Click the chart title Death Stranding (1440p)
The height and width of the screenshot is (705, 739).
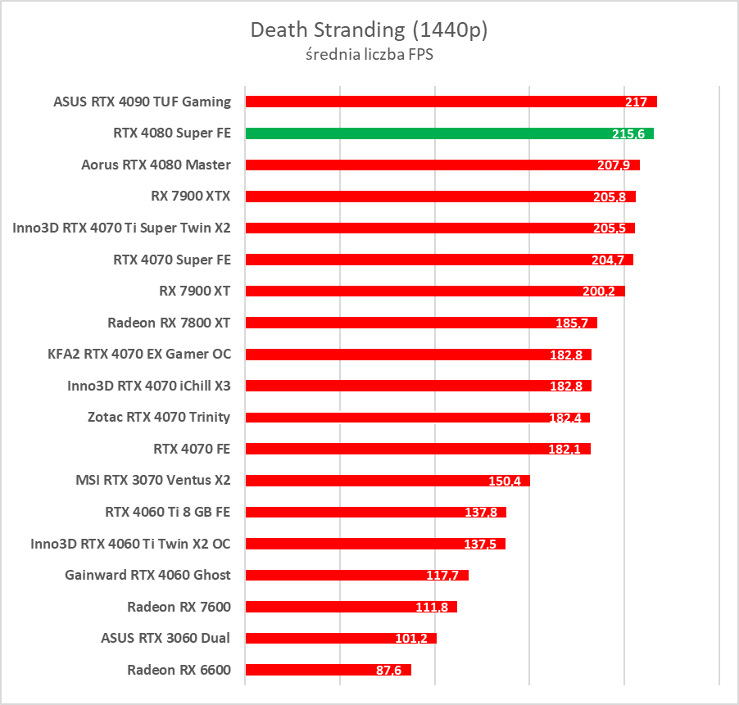pyautogui.click(x=369, y=30)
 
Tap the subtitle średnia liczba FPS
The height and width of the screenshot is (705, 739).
pyautogui.click(x=369, y=56)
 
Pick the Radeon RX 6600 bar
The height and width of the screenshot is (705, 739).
pyautogui.click(x=328, y=670)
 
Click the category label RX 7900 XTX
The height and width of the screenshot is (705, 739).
pyautogui.click(x=191, y=197)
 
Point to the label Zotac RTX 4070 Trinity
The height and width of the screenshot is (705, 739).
pyautogui.click(x=159, y=417)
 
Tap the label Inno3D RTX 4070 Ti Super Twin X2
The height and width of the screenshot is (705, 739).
pyautogui.click(x=121, y=228)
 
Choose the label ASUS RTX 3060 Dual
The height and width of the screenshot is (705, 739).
pyautogui.click(x=165, y=638)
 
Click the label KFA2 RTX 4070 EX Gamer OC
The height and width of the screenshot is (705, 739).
pyautogui.click(x=139, y=354)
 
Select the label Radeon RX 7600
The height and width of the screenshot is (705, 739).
pyautogui.click(x=179, y=607)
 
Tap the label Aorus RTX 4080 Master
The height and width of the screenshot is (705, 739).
pyautogui.click(x=156, y=165)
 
